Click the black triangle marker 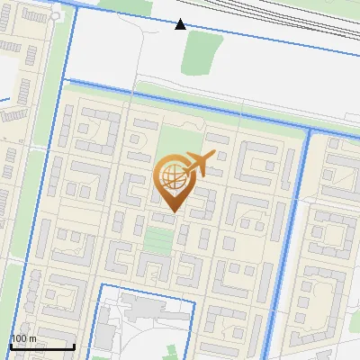[181, 24]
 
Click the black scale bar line [42, 346]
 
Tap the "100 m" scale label [23, 338]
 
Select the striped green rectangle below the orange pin [158, 239]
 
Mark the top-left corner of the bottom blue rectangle [97, 285]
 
